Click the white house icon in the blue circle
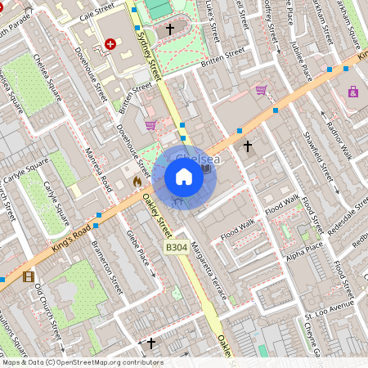[x=184, y=177]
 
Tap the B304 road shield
[x=177, y=247]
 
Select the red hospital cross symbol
[x=110, y=43]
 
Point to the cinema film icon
[x=29, y=277]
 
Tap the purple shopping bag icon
[x=353, y=92]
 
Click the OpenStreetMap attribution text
[x=82, y=362]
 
